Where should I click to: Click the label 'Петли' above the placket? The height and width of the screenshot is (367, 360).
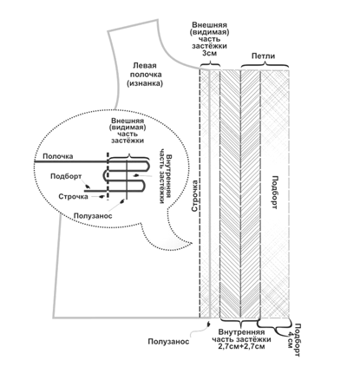point(263,56)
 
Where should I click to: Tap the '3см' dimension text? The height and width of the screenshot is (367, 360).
point(210,53)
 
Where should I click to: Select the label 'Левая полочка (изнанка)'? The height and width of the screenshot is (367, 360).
point(145,75)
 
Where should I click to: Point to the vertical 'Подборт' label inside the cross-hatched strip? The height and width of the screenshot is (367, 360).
point(275,193)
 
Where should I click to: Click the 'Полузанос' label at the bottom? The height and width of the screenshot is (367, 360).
point(168,342)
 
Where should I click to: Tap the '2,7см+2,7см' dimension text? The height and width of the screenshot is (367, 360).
point(241,346)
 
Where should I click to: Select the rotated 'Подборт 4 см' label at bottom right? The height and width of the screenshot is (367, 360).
point(294,340)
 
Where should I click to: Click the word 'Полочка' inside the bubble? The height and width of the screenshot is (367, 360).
point(58,156)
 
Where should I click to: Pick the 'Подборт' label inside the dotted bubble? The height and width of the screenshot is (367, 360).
point(66,176)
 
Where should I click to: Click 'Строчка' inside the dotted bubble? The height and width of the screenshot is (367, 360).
point(74,197)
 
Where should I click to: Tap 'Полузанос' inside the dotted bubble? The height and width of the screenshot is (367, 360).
point(93,216)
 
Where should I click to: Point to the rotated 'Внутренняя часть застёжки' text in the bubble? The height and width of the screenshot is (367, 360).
point(165,176)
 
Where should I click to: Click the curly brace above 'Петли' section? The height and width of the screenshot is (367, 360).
point(265,65)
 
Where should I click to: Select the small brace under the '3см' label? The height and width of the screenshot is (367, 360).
point(210,64)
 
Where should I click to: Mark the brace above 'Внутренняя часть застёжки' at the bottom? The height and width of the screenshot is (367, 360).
point(239,322)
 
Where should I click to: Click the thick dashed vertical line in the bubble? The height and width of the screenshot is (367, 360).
point(108,176)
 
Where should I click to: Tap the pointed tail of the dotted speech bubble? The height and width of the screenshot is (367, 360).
point(192,243)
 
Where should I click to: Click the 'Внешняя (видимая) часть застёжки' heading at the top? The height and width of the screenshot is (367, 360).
point(210,36)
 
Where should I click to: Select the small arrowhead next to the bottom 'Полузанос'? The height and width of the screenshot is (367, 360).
point(207,324)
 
